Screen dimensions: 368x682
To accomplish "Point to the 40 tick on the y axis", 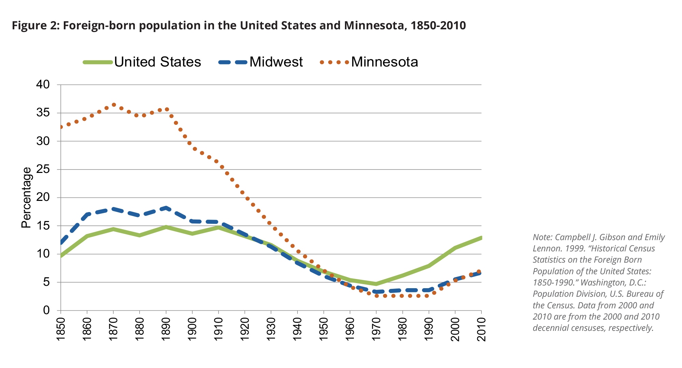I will coord(43,85).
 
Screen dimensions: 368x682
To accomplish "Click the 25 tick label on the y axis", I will coord(43,169).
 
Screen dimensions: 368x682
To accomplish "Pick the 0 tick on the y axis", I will coord(46,310).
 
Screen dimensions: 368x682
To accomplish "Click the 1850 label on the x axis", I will coord(61,329).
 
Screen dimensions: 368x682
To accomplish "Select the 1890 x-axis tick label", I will coord(166,329).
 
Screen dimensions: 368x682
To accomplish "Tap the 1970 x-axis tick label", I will coord(376,329).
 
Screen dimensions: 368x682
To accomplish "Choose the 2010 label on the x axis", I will coord(481,329).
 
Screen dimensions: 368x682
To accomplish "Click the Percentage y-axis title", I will coord(26,197).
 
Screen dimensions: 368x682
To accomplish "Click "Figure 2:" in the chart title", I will coord(36,26).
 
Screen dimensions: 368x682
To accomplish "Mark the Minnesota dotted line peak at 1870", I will coord(114,105).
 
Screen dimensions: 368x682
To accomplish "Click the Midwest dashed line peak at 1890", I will coord(166,208).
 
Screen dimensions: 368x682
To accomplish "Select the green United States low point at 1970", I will coord(376,284).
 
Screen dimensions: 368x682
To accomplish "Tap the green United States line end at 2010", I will coord(480,238).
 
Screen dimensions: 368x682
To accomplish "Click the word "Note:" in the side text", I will coord(542,237).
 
